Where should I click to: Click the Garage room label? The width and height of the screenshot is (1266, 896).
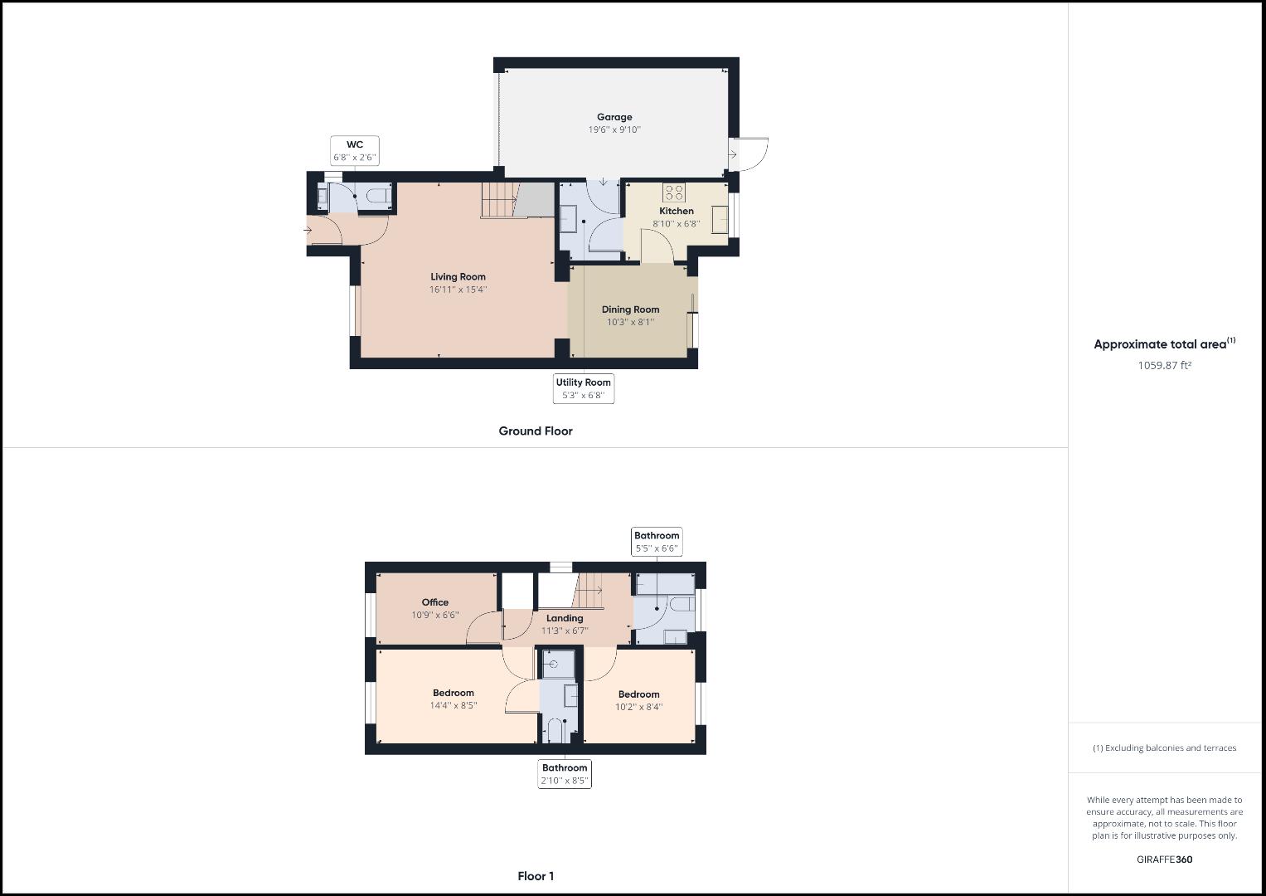[614, 117]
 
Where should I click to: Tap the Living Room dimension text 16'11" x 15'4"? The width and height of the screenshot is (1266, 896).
[458, 290]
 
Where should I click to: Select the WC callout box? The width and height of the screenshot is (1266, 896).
[355, 150]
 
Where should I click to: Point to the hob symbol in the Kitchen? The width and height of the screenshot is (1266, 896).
[674, 192]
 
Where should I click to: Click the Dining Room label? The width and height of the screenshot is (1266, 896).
[630, 309]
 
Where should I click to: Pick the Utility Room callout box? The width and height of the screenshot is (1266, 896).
[584, 388]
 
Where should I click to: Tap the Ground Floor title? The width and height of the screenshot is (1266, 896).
[535, 431]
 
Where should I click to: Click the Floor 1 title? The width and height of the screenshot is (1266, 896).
[536, 876]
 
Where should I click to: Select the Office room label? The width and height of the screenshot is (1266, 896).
[434, 602]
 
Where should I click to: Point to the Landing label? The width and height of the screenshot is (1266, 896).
[564, 618]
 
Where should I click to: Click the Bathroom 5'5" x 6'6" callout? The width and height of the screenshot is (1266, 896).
[657, 542]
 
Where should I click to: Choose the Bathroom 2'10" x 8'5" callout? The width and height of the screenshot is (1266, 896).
[565, 774]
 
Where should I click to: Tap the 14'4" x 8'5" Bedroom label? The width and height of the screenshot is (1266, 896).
[453, 694]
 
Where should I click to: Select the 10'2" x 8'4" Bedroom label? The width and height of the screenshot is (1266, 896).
[638, 694]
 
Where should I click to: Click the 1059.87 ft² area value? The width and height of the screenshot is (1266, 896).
[1164, 365]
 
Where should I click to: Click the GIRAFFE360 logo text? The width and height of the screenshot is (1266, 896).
[1164, 859]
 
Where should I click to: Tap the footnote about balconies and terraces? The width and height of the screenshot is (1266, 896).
[1164, 747]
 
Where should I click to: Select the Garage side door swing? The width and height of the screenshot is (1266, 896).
[749, 155]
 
